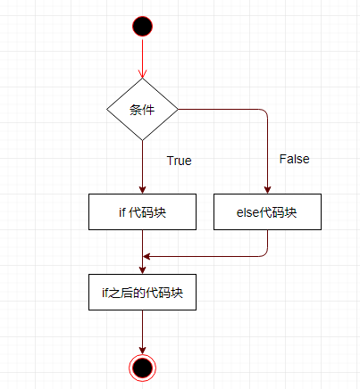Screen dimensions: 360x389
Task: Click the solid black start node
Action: pos(142,27)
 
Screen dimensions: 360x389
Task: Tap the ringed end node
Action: pos(142,368)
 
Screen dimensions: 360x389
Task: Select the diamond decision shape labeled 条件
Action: pos(142,110)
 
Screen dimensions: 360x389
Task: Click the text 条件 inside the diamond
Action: pos(142,110)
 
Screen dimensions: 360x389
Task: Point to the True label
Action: pos(179,161)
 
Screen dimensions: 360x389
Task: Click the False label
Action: pos(294,159)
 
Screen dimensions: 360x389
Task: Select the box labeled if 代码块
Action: pos(142,211)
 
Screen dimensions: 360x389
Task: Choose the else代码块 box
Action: pos(267,211)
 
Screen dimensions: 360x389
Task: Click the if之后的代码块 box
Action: pos(142,292)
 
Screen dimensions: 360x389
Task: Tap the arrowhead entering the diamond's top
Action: pos(142,74)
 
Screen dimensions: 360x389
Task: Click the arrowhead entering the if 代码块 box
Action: pos(142,190)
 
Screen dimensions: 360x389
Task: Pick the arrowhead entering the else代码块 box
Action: pos(267,190)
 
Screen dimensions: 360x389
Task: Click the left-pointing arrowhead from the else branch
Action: pos(147,256)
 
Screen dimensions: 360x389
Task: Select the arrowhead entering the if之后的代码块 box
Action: pos(142,270)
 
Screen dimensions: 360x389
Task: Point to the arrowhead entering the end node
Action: pos(142,351)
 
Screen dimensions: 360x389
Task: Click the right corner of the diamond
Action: pos(178,110)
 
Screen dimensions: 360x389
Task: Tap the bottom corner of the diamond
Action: pos(142,140)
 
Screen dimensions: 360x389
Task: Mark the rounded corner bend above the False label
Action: pos(265,112)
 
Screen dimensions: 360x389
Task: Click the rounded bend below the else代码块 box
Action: pos(265,254)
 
